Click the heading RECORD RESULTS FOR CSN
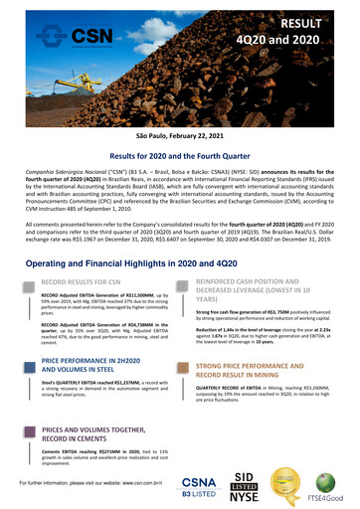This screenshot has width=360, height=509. point(86,267)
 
